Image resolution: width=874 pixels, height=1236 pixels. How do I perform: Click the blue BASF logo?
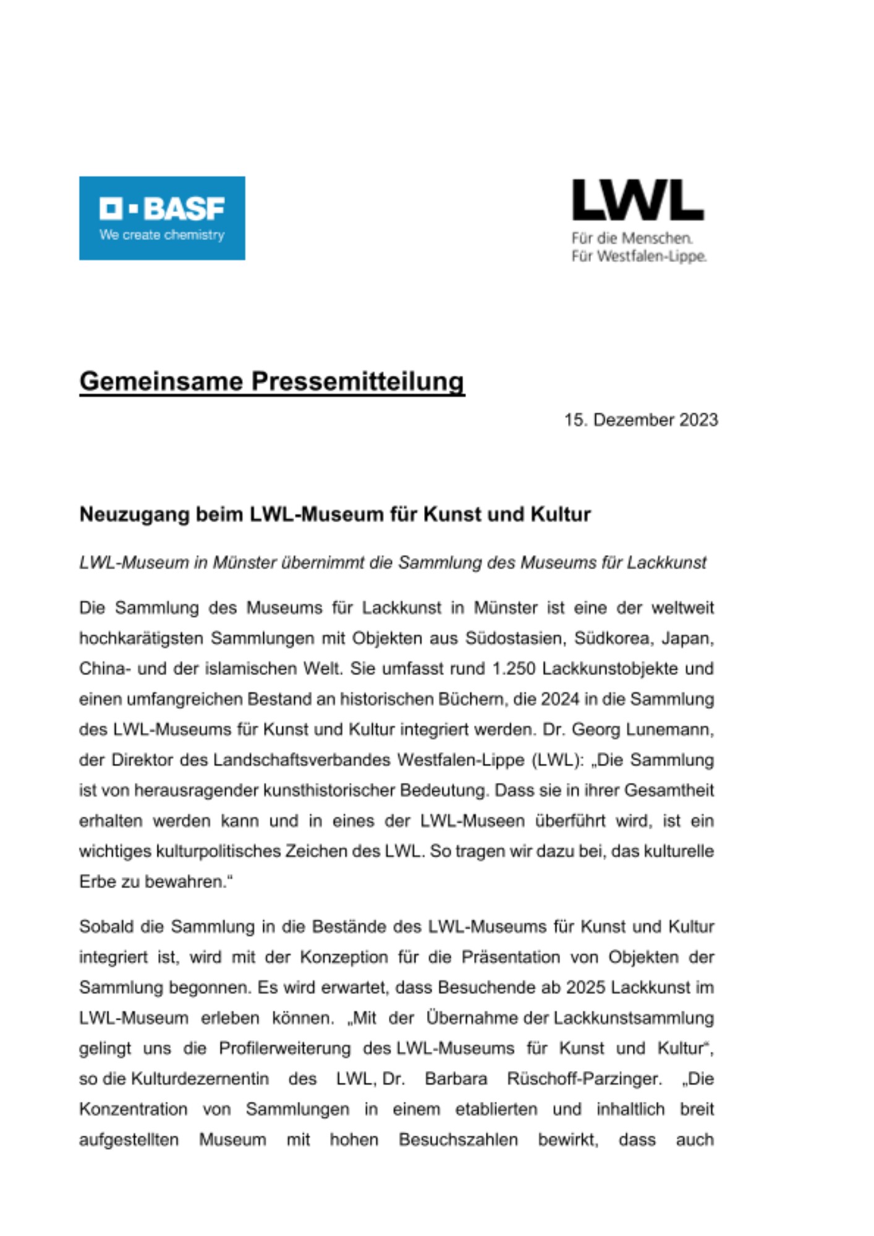point(162,218)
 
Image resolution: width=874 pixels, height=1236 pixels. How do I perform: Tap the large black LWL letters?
point(638,200)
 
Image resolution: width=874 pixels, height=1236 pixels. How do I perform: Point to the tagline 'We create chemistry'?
point(162,235)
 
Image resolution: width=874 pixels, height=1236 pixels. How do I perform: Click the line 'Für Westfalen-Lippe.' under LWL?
point(639,256)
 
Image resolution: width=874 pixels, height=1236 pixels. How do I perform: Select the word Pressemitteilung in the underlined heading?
point(358,381)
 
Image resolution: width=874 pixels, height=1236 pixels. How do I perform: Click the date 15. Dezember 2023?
point(641,420)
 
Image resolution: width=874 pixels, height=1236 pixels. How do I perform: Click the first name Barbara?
point(456,1078)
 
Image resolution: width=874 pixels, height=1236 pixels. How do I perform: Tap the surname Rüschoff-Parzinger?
point(583,1078)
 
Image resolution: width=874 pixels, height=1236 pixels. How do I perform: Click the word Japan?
point(687,638)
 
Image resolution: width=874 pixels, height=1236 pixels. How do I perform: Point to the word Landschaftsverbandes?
point(302,760)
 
